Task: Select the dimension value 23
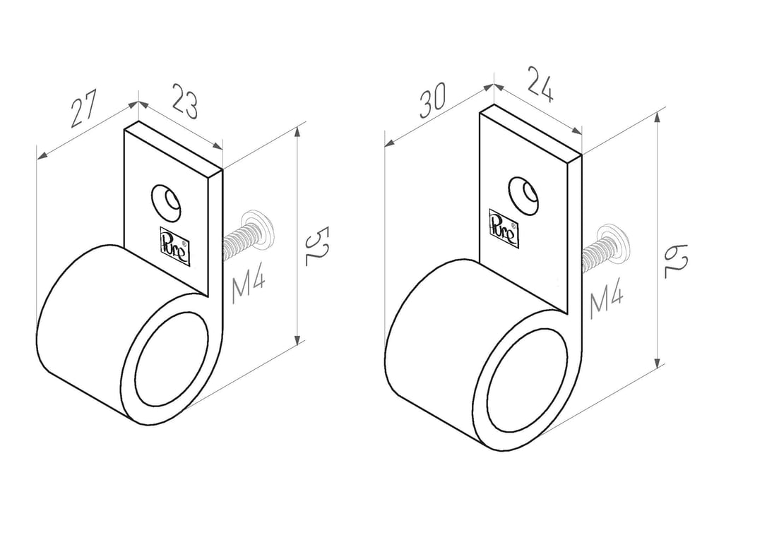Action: point(184,102)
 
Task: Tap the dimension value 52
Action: point(316,246)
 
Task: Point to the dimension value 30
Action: point(432,100)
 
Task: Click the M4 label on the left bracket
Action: point(249,287)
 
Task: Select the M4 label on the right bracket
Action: point(606,302)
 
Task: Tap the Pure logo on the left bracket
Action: point(174,246)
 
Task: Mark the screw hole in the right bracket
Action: point(524,195)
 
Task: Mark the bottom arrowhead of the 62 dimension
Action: point(659,362)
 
